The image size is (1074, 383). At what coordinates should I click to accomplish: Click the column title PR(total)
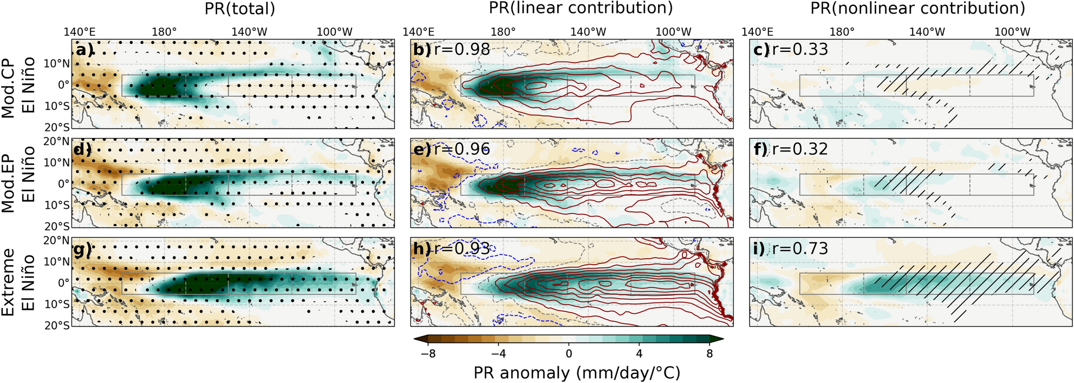[x=240, y=9]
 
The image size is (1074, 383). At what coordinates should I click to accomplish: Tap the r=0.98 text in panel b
[x=461, y=50]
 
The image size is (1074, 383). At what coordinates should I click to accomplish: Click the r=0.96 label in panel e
[x=461, y=149]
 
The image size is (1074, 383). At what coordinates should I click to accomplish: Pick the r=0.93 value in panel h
[x=461, y=248]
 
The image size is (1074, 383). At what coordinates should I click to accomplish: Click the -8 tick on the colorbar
[x=428, y=354]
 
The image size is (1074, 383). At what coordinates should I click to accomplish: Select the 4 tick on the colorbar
[x=639, y=354]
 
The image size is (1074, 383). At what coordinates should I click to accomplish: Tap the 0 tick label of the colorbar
[x=569, y=354]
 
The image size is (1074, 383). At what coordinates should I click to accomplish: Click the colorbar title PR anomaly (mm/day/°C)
[x=577, y=373]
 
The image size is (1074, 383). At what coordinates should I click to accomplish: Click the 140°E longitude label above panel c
[x=757, y=31]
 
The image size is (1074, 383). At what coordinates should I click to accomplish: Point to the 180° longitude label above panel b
[x=503, y=31]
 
